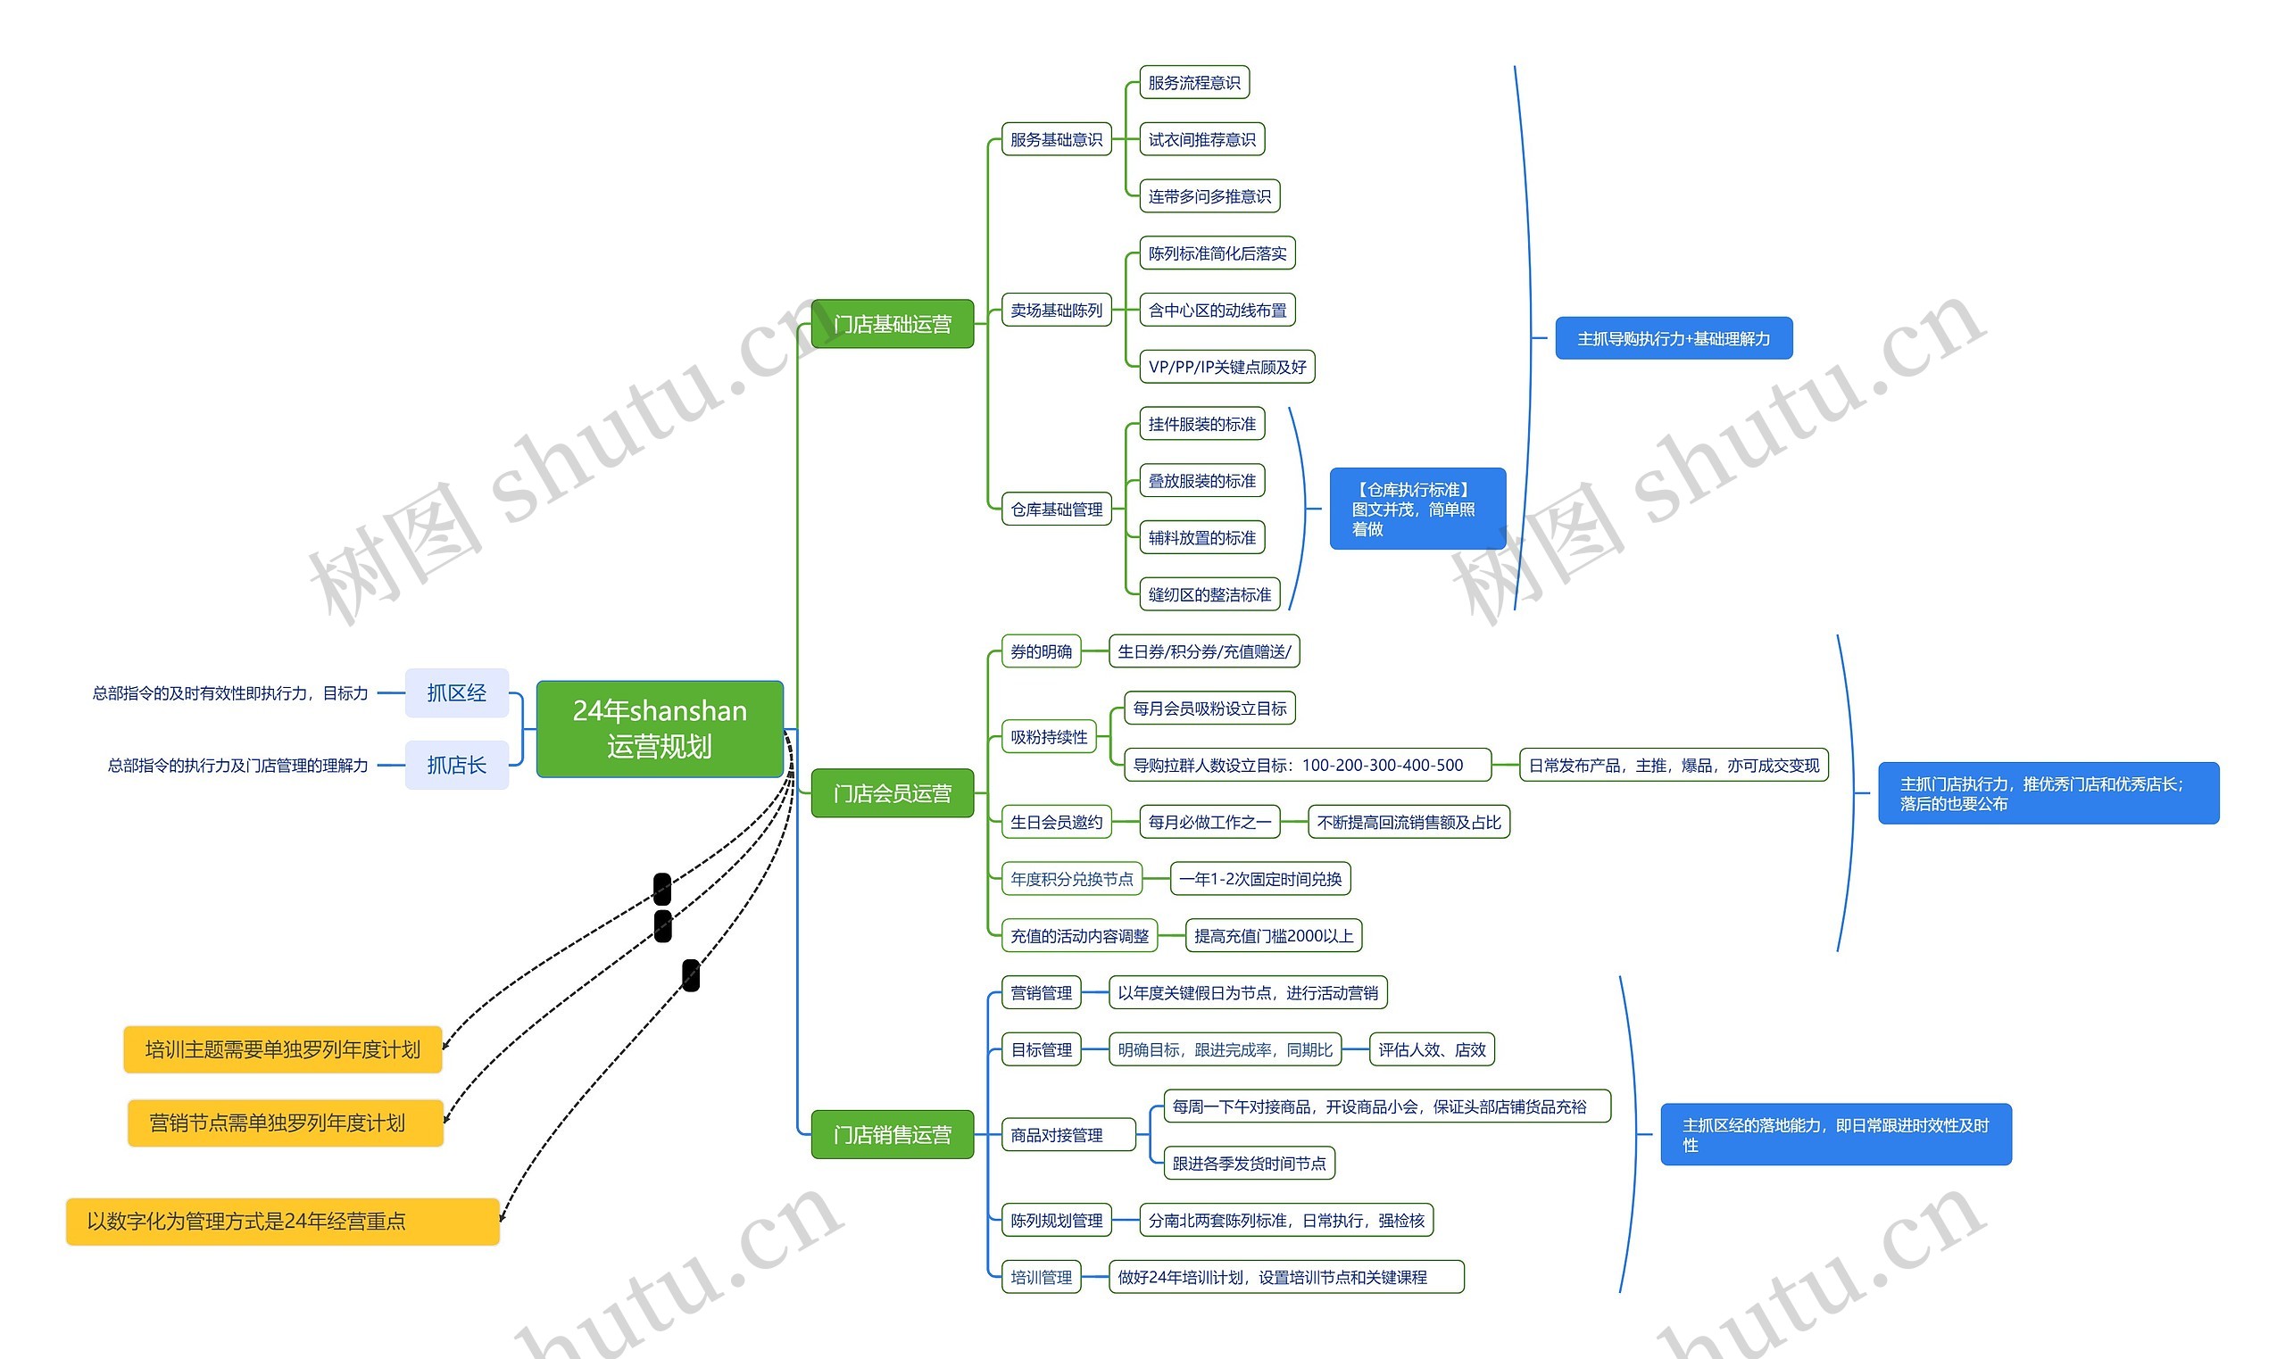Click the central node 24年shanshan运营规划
[660, 729]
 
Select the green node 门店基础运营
[892, 324]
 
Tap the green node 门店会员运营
[892, 793]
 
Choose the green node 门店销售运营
[892, 1135]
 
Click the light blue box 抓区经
[456, 693]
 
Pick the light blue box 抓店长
[456, 765]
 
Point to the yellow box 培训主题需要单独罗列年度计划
[282, 1049]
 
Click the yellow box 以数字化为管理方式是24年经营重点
[282, 1222]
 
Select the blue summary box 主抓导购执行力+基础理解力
[1674, 339]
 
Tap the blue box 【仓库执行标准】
[1417, 510]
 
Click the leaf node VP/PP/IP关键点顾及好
[1226, 368]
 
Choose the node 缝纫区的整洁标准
[1209, 595]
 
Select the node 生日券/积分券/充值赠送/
[1203, 652]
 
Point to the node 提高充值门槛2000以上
[1273, 936]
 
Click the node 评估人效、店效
[1432, 1049]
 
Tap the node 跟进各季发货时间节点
[1249, 1163]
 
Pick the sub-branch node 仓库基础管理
[1056, 510]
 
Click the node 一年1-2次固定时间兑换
[1260, 879]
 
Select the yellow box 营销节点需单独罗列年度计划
[285, 1123]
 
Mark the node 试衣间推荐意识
[1201, 139]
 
